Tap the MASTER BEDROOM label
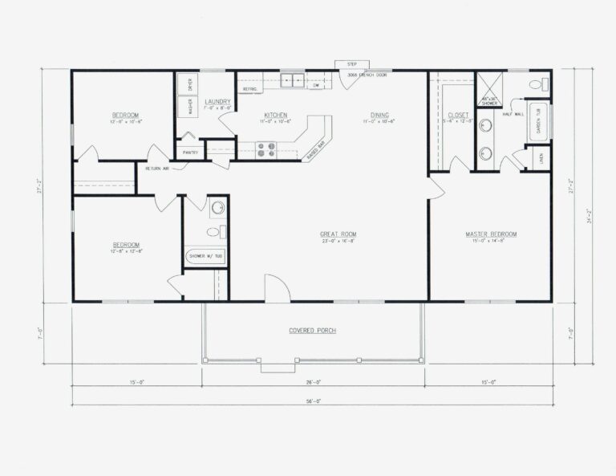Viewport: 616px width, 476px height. [x=491, y=234]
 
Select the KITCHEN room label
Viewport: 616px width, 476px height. [x=275, y=115]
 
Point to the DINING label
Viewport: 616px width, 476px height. [x=379, y=115]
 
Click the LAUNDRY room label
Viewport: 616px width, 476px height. [x=217, y=102]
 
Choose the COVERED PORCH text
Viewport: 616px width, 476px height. [x=313, y=331]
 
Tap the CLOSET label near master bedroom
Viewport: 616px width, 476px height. [x=458, y=115]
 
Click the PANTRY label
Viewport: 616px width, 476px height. [x=190, y=152]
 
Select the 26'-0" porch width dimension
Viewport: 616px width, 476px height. [x=313, y=382]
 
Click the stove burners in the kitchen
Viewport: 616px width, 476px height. [x=265, y=148]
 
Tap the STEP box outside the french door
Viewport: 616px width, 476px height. [x=351, y=64]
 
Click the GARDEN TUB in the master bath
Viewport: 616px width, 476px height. [x=538, y=121]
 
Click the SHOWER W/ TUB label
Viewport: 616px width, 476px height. [x=205, y=257]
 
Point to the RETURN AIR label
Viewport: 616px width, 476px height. [x=157, y=168]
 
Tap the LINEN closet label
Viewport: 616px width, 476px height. [x=541, y=158]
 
